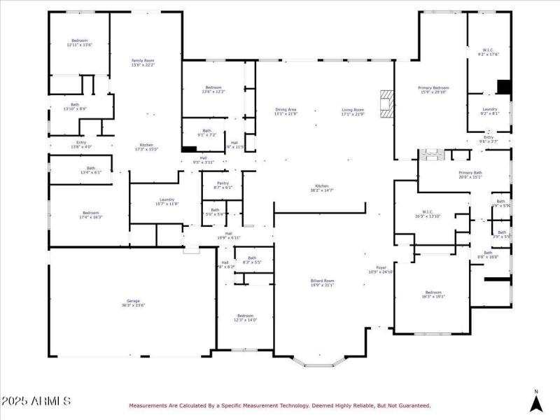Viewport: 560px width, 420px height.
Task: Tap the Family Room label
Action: pyautogui.click(x=143, y=63)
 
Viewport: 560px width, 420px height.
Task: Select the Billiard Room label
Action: pyautogui.click(x=323, y=282)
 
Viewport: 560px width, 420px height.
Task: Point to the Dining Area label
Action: pyautogui.click(x=286, y=111)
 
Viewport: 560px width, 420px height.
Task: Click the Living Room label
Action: pyautogui.click(x=353, y=111)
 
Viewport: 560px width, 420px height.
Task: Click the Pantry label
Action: pyautogui.click(x=223, y=185)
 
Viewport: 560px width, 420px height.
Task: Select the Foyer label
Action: pyautogui.click(x=381, y=269)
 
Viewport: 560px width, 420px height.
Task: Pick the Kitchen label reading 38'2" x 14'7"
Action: pyautogui.click(x=322, y=188)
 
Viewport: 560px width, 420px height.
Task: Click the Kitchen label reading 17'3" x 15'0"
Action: pyautogui.click(x=146, y=146)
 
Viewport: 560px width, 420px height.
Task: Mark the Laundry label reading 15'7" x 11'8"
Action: pyautogui.click(x=167, y=202)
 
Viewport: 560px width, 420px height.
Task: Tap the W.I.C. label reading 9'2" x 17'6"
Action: pyautogui.click(x=489, y=52)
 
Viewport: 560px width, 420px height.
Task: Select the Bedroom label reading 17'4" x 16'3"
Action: pyautogui.click(x=92, y=215)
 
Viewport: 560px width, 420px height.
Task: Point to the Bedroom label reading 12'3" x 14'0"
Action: pyautogui.click(x=245, y=317)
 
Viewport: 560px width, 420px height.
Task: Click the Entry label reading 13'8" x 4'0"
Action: pyautogui.click(x=81, y=144)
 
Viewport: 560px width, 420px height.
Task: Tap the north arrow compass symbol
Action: pyautogui.click(x=536, y=402)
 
